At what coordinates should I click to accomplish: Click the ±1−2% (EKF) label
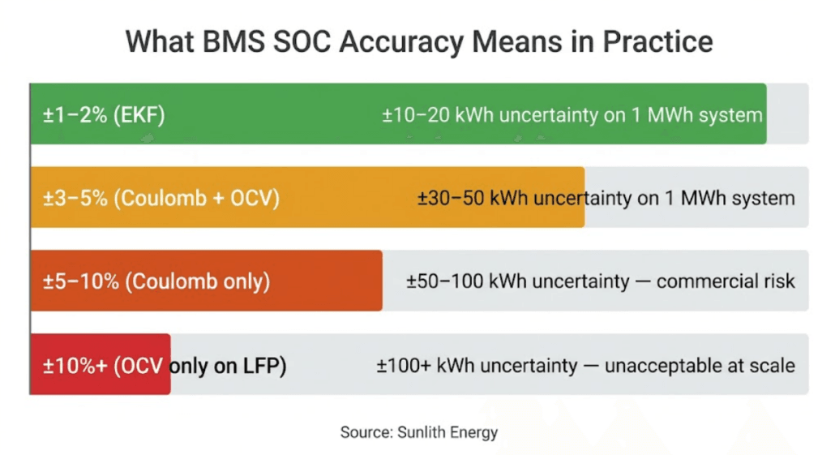pos(104,115)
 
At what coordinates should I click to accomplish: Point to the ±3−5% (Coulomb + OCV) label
pos(161,198)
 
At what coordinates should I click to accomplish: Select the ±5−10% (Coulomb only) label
pos(156,281)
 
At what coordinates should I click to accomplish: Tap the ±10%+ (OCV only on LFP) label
pos(165,365)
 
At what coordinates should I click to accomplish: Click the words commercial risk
pos(726,281)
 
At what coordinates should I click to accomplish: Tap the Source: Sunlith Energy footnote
pos(418,432)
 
